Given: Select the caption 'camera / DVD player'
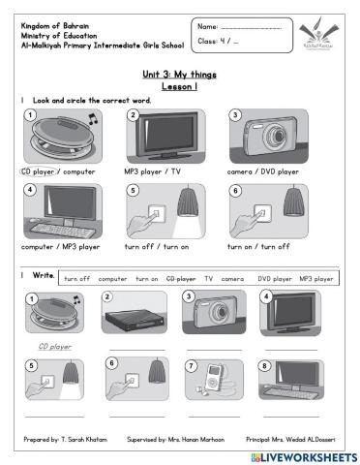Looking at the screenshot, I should [x=263, y=171].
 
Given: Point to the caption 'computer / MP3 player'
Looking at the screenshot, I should [x=58, y=246].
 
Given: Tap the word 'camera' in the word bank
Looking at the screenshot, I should [x=232, y=278].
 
